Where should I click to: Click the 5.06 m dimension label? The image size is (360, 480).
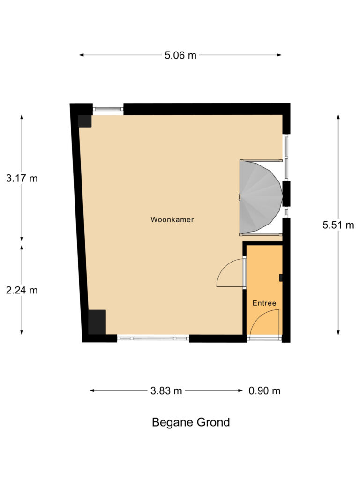[x=180, y=55]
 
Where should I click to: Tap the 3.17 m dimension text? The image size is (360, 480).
[x=22, y=178]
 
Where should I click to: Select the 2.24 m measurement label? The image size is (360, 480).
[x=22, y=290]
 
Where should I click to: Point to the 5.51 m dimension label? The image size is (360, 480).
[x=338, y=225]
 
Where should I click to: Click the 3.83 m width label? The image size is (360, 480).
[x=166, y=390]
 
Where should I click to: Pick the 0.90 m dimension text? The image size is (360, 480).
[x=264, y=390]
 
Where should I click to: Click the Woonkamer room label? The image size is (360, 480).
[x=172, y=219]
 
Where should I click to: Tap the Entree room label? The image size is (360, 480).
[x=264, y=303]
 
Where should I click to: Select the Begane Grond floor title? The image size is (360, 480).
[x=191, y=422]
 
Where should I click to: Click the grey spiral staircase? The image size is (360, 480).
[x=260, y=197]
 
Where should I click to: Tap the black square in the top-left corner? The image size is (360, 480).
[x=84, y=121]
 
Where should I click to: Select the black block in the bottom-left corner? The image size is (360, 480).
[x=97, y=322]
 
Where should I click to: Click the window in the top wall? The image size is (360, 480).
[x=108, y=109]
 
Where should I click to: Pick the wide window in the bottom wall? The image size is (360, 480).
[x=153, y=338]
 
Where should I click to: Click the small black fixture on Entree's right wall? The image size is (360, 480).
[x=281, y=278]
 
